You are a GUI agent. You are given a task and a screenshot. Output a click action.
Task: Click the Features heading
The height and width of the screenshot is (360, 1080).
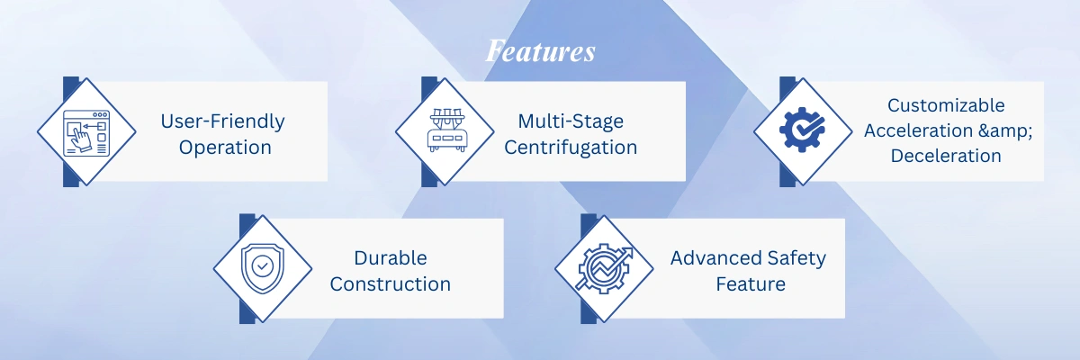point(541,51)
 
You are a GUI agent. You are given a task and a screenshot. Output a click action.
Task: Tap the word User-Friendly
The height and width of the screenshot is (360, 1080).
point(223,121)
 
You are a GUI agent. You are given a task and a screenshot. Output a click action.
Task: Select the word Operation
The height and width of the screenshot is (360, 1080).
point(225,148)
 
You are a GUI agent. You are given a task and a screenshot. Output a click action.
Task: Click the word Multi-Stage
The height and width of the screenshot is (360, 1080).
point(571,121)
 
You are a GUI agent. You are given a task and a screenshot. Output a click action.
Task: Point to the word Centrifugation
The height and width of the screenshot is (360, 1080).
point(571,148)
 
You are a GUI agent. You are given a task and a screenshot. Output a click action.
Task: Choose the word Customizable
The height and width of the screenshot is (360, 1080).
point(946,105)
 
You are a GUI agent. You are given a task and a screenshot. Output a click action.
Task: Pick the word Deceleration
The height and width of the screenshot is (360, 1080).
point(946,156)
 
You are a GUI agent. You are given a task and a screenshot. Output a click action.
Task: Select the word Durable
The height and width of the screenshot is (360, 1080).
point(391,258)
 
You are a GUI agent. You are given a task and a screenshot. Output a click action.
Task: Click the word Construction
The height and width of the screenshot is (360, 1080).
point(391,284)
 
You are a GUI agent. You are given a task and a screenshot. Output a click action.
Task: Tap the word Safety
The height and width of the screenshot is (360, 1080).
point(796,259)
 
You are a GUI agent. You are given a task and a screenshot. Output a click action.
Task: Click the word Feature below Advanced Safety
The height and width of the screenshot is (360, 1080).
point(751,284)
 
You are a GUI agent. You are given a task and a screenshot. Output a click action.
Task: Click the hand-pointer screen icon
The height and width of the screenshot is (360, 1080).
point(86,132)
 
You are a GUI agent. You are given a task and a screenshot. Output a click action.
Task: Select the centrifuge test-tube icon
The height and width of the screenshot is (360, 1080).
point(446,130)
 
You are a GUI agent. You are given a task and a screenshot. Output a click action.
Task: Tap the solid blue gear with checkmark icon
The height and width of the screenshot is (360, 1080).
point(802,130)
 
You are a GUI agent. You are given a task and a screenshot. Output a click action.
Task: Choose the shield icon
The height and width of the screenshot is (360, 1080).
point(262,268)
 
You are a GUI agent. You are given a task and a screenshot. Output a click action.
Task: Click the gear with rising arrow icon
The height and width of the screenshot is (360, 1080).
point(605,268)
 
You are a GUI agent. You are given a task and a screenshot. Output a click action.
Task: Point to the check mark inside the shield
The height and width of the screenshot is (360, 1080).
point(263,265)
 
